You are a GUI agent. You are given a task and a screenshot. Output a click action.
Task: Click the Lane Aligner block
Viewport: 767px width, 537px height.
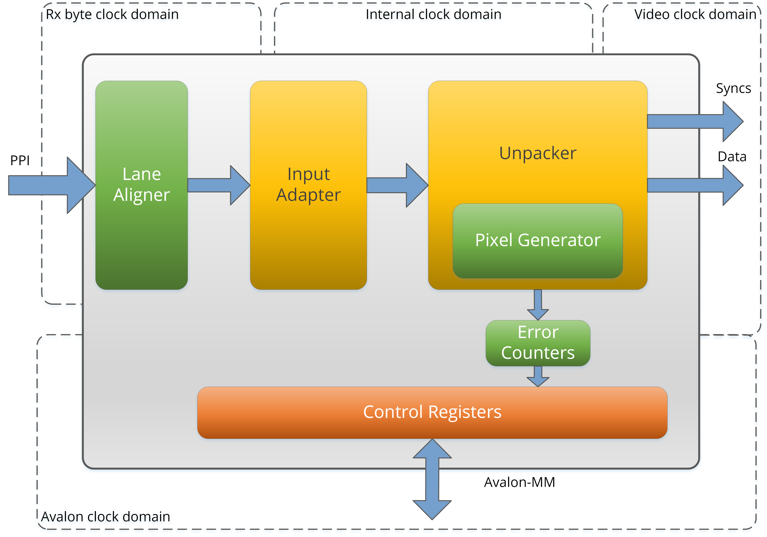point(142,185)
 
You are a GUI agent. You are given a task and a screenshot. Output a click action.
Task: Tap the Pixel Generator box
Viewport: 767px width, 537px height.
point(538,241)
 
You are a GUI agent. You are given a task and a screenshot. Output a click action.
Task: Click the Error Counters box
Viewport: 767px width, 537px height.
point(538,343)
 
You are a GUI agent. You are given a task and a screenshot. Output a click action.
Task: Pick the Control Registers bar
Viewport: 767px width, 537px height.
point(432,412)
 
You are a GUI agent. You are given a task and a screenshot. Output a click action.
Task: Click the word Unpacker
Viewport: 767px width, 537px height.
point(538,153)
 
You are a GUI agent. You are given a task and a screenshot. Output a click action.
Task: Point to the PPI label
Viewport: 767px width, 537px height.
point(20,161)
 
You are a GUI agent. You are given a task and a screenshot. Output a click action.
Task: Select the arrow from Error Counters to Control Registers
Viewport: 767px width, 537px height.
point(538,376)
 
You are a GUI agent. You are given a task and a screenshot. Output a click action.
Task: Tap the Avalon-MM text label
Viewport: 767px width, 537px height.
point(519,482)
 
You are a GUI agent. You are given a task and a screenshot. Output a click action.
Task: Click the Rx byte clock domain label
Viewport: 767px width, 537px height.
point(112,15)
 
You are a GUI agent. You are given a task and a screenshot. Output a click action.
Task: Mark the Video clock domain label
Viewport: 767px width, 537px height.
point(695,14)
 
